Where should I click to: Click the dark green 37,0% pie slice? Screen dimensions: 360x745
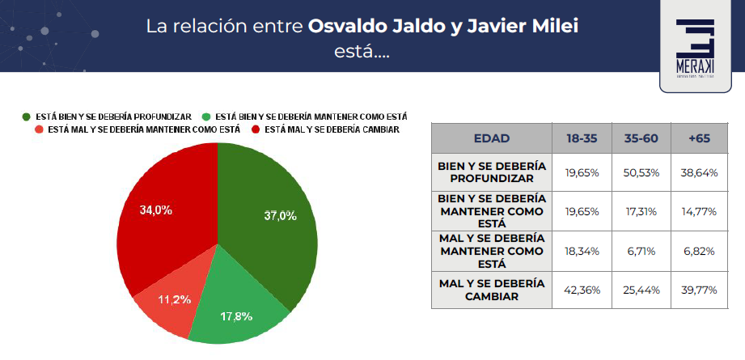[x=267, y=227]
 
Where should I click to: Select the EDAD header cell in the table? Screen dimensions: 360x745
[x=491, y=138]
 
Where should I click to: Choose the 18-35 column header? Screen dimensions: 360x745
[x=582, y=138]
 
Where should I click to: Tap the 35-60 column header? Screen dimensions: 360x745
[x=641, y=138]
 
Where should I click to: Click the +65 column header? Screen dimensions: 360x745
[x=700, y=138]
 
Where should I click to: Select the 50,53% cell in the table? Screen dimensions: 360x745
[x=641, y=172]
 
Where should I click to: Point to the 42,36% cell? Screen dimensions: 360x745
[x=582, y=290]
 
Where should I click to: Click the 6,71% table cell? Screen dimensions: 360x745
[x=641, y=251]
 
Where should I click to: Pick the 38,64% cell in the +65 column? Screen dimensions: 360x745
[x=700, y=172]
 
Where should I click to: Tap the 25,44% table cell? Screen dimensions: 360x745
[x=641, y=290]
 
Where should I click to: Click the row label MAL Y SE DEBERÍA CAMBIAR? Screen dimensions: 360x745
[x=491, y=290]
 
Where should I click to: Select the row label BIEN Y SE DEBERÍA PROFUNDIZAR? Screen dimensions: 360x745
[x=491, y=172]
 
